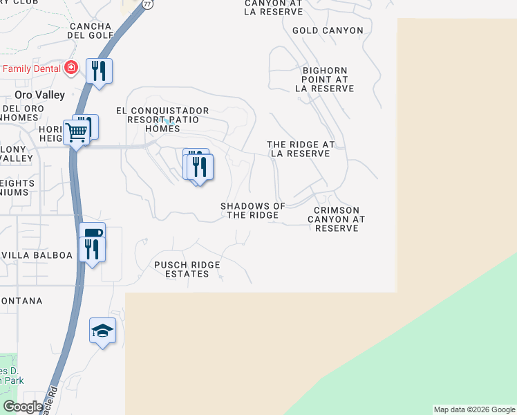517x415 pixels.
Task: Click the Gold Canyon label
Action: pyautogui.click(x=328, y=30)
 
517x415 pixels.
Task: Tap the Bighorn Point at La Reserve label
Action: pyautogui.click(x=325, y=80)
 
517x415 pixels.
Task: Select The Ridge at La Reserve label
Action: pyautogui.click(x=301, y=149)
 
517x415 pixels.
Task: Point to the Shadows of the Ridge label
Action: pyautogui.click(x=253, y=211)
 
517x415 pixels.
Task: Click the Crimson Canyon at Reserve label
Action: pyautogui.click(x=336, y=219)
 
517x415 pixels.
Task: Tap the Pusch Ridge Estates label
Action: pyautogui.click(x=187, y=269)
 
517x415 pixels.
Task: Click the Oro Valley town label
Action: pyautogui.click(x=40, y=95)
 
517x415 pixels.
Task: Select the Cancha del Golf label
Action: pyautogui.click(x=91, y=30)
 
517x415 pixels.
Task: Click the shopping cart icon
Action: pyautogui.click(x=76, y=131)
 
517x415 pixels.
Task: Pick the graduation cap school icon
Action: pyautogui.click(x=102, y=331)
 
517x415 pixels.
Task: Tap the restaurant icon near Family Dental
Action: pyautogui.click(x=100, y=71)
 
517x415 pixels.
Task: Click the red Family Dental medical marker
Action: pyautogui.click(x=70, y=68)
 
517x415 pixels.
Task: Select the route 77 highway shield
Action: pyautogui.click(x=148, y=4)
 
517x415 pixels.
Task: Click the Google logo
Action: pyautogui.click(x=23, y=407)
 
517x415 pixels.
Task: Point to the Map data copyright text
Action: pyautogui.click(x=473, y=409)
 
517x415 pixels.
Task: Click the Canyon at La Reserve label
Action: pyautogui.click(x=274, y=7)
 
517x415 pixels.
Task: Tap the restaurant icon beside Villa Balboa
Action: pyautogui.click(x=91, y=249)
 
